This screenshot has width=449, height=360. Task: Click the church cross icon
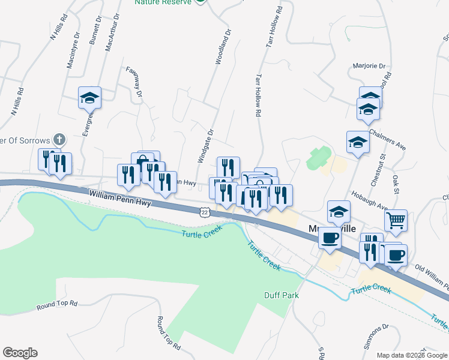[58, 140]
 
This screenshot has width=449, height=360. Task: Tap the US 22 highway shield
[205, 212]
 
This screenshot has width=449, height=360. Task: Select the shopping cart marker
[396, 220]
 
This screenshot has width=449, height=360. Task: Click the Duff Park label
[282, 295]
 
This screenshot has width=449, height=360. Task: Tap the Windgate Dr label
[205, 146]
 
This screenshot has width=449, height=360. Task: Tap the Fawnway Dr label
[136, 82]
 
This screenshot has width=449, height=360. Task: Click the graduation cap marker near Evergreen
[90, 97]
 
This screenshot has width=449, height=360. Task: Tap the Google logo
[20, 353]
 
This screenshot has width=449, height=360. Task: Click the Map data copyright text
[412, 355]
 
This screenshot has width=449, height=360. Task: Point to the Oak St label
[397, 181]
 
